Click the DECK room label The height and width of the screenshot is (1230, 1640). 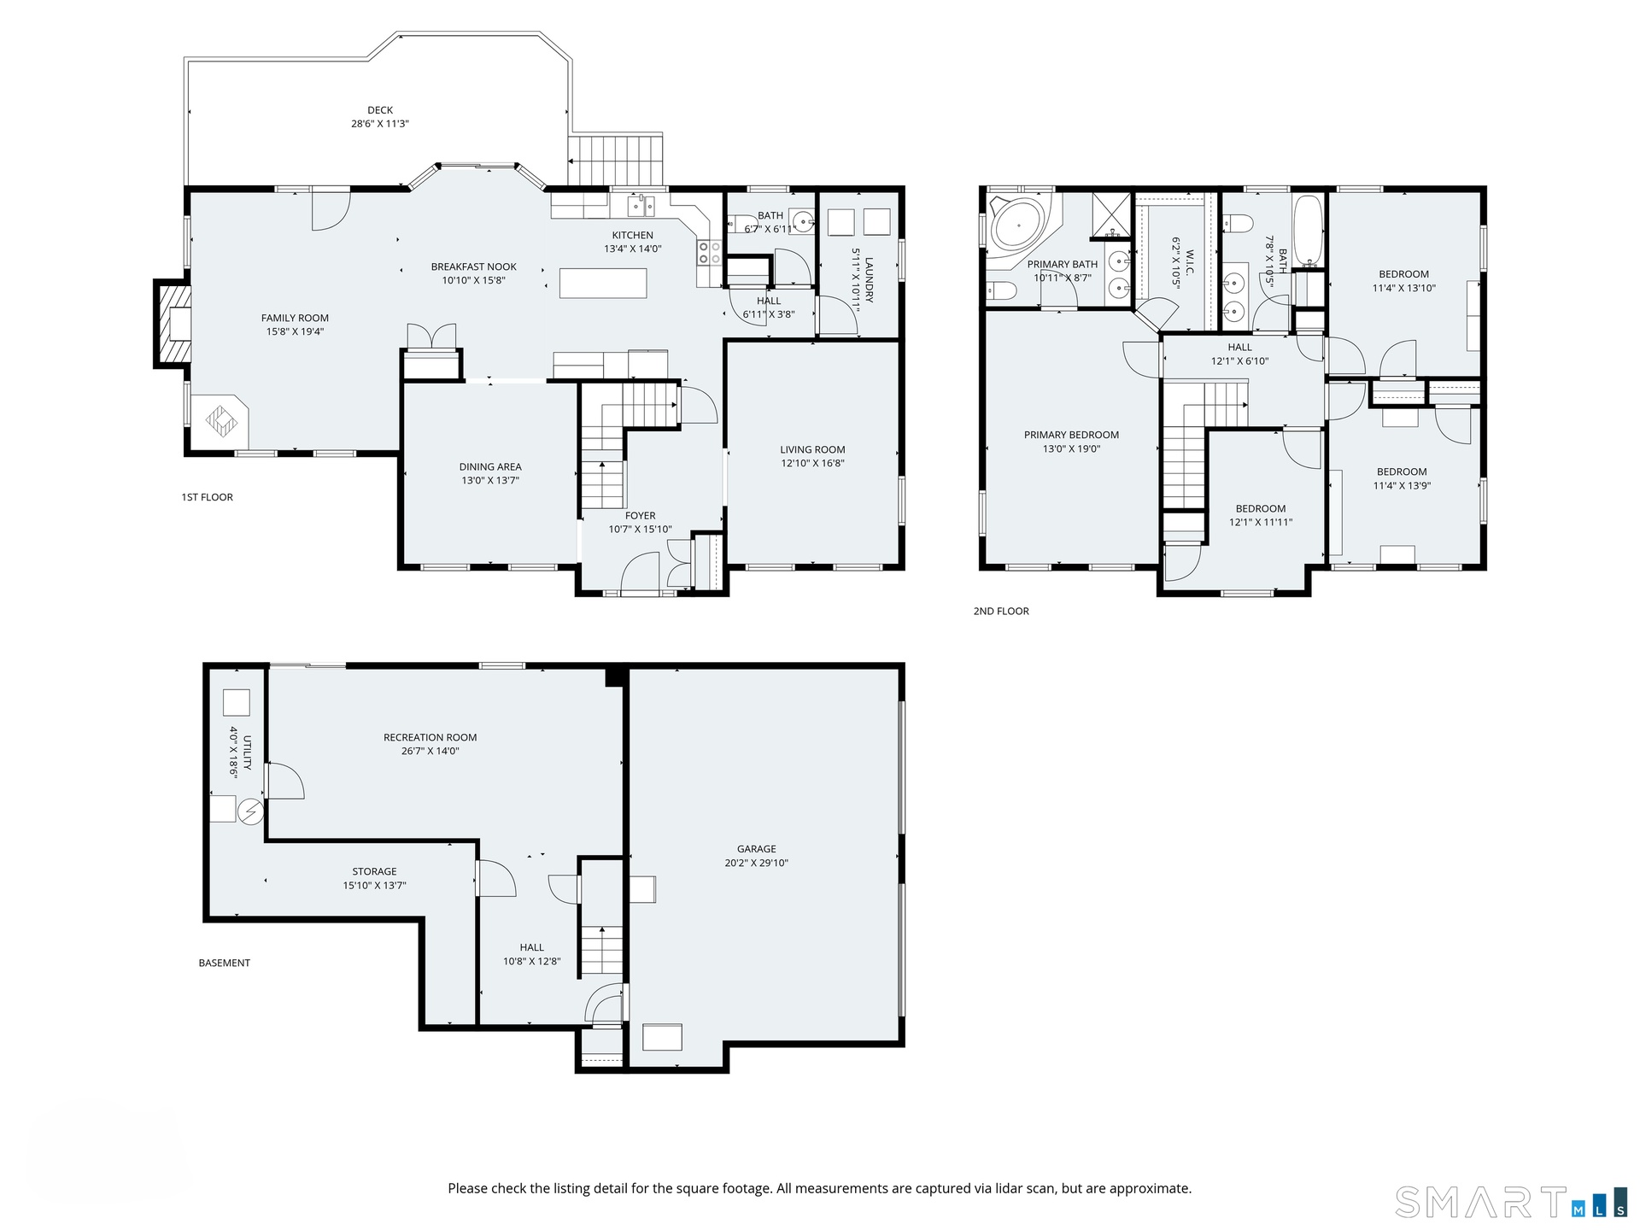click(x=380, y=110)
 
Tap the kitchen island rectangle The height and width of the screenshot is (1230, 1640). click(x=603, y=283)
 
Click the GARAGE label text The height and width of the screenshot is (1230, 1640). click(x=757, y=849)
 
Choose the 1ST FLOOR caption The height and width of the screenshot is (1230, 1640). click(x=207, y=497)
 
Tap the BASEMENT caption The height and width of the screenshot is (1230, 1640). click(x=225, y=963)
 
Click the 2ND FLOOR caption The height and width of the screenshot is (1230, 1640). click(x=1001, y=611)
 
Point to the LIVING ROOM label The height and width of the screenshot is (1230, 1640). click(x=812, y=449)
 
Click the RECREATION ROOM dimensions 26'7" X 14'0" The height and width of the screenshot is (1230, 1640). click(x=430, y=751)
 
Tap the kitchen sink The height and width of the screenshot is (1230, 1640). click(x=641, y=205)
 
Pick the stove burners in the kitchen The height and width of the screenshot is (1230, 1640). click(x=710, y=252)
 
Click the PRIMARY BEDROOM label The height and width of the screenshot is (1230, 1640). click(x=1071, y=435)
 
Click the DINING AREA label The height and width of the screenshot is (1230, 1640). click(x=490, y=466)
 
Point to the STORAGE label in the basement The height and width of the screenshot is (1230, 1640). click(x=374, y=871)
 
